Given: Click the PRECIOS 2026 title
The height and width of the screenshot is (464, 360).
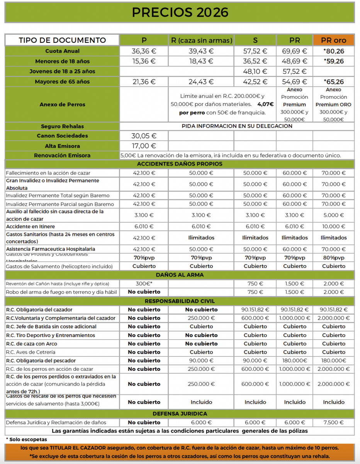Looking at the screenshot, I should [x=180, y=12].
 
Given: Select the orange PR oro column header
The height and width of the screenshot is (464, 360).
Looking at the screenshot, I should [x=333, y=40].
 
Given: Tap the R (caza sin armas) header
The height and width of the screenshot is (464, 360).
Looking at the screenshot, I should [x=201, y=40].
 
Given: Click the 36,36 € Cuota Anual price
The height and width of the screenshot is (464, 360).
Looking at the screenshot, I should [x=144, y=51].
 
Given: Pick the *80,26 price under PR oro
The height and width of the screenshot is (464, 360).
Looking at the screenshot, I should [x=334, y=51].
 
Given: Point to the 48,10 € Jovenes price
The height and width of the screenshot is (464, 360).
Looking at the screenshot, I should [x=255, y=72].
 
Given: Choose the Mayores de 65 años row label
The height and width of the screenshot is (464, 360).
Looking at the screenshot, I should [x=62, y=82].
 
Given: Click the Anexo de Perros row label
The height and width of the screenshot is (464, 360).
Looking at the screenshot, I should [x=62, y=104].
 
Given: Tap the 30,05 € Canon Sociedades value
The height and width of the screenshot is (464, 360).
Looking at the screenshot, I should [x=144, y=136].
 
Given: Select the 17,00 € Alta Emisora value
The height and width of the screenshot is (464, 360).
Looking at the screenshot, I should [x=144, y=146].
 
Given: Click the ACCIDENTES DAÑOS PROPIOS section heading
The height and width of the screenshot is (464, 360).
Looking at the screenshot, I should [x=180, y=164].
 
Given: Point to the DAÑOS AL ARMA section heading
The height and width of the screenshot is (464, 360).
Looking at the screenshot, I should [x=180, y=275].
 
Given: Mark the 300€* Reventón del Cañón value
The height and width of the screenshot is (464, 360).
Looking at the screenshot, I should [x=144, y=284].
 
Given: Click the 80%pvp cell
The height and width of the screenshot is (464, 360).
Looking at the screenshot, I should [x=334, y=258].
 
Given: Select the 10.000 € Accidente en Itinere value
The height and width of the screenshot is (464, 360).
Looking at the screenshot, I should [x=334, y=227].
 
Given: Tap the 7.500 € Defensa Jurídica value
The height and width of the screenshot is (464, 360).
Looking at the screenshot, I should [x=334, y=423].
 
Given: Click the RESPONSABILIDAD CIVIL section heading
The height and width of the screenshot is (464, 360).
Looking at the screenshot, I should [x=180, y=301].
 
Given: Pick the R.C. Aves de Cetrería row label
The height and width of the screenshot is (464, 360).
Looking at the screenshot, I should [x=31, y=352].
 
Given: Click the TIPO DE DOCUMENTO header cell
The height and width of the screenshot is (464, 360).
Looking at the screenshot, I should [x=62, y=40].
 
